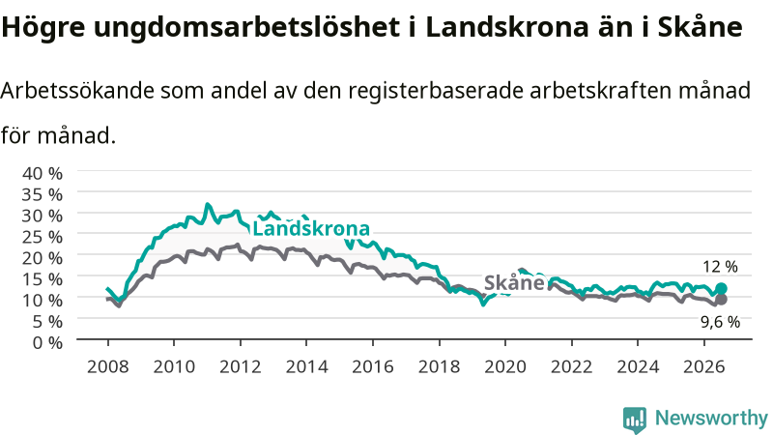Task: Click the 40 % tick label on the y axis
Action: pos(43,174)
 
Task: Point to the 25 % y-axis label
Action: pos(43,237)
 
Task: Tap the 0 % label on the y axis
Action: pos(47,342)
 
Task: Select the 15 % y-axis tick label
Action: pos(43,279)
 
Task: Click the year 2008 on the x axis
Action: pos(107,366)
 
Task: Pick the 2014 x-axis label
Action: pos(306,366)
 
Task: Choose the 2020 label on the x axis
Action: pos(505,366)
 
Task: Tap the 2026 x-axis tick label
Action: pos(704,366)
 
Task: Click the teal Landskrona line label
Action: pos(311,228)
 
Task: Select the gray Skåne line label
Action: pos(514,282)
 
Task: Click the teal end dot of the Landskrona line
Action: pos(721,288)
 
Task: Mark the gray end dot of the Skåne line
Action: pos(721,300)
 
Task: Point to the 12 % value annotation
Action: pos(720,267)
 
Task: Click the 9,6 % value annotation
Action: pos(720,322)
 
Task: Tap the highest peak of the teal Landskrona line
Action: pos(208,204)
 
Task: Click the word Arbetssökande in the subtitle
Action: pos(77,90)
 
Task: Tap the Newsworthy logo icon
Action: pos(635,420)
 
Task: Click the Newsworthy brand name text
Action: pos(711,418)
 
